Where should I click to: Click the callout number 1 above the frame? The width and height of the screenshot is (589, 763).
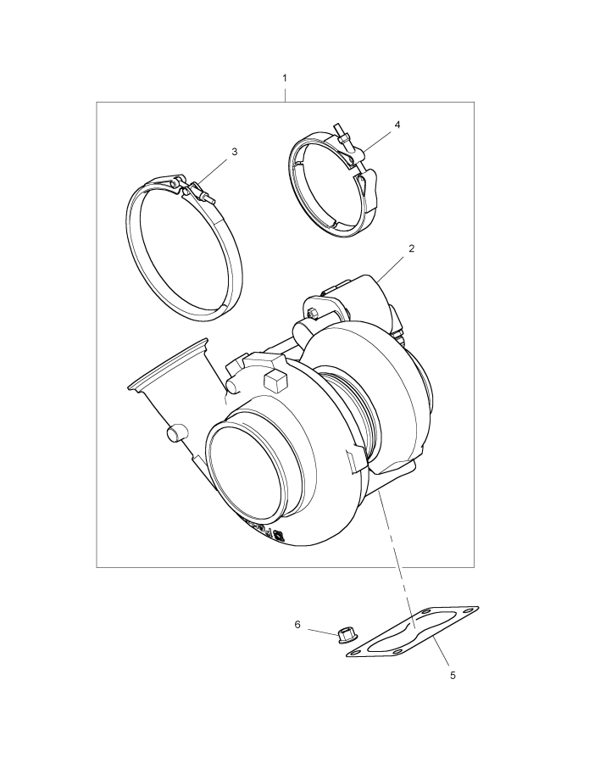[285, 78]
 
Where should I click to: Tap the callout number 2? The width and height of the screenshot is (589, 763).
[412, 248]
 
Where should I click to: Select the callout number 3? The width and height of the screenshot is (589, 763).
[235, 152]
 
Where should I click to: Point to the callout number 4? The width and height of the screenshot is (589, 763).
[397, 125]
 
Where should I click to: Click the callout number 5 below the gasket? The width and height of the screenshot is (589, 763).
[453, 676]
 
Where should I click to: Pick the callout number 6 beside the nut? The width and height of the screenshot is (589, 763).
[297, 624]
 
